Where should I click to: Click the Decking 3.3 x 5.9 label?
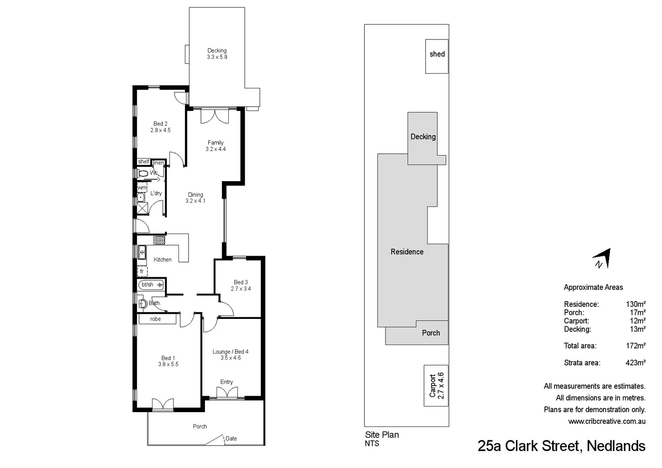click(x=217, y=54)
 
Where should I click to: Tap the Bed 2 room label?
click(x=160, y=127)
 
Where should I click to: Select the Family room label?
click(x=215, y=146)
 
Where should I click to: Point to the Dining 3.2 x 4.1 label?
click(x=195, y=198)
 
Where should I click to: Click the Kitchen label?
click(x=162, y=260)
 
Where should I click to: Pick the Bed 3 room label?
click(x=240, y=285)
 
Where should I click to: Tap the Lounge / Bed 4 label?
click(x=230, y=354)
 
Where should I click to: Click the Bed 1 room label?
click(x=168, y=361)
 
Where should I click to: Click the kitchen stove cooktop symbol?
click(x=159, y=240)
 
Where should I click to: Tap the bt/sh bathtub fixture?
click(x=151, y=285)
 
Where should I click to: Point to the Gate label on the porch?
click(x=231, y=439)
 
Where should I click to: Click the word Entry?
click(x=226, y=382)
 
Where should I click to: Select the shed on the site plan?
click(x=437, y=56)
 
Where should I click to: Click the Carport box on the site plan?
click(x=436, y=385)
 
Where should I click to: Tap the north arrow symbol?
click(x=603, y=259)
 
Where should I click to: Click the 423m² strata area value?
click(x=635, y=363)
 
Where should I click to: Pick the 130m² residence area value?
click(x=635, y=304)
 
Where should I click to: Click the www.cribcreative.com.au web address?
click(x=607, y=421)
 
